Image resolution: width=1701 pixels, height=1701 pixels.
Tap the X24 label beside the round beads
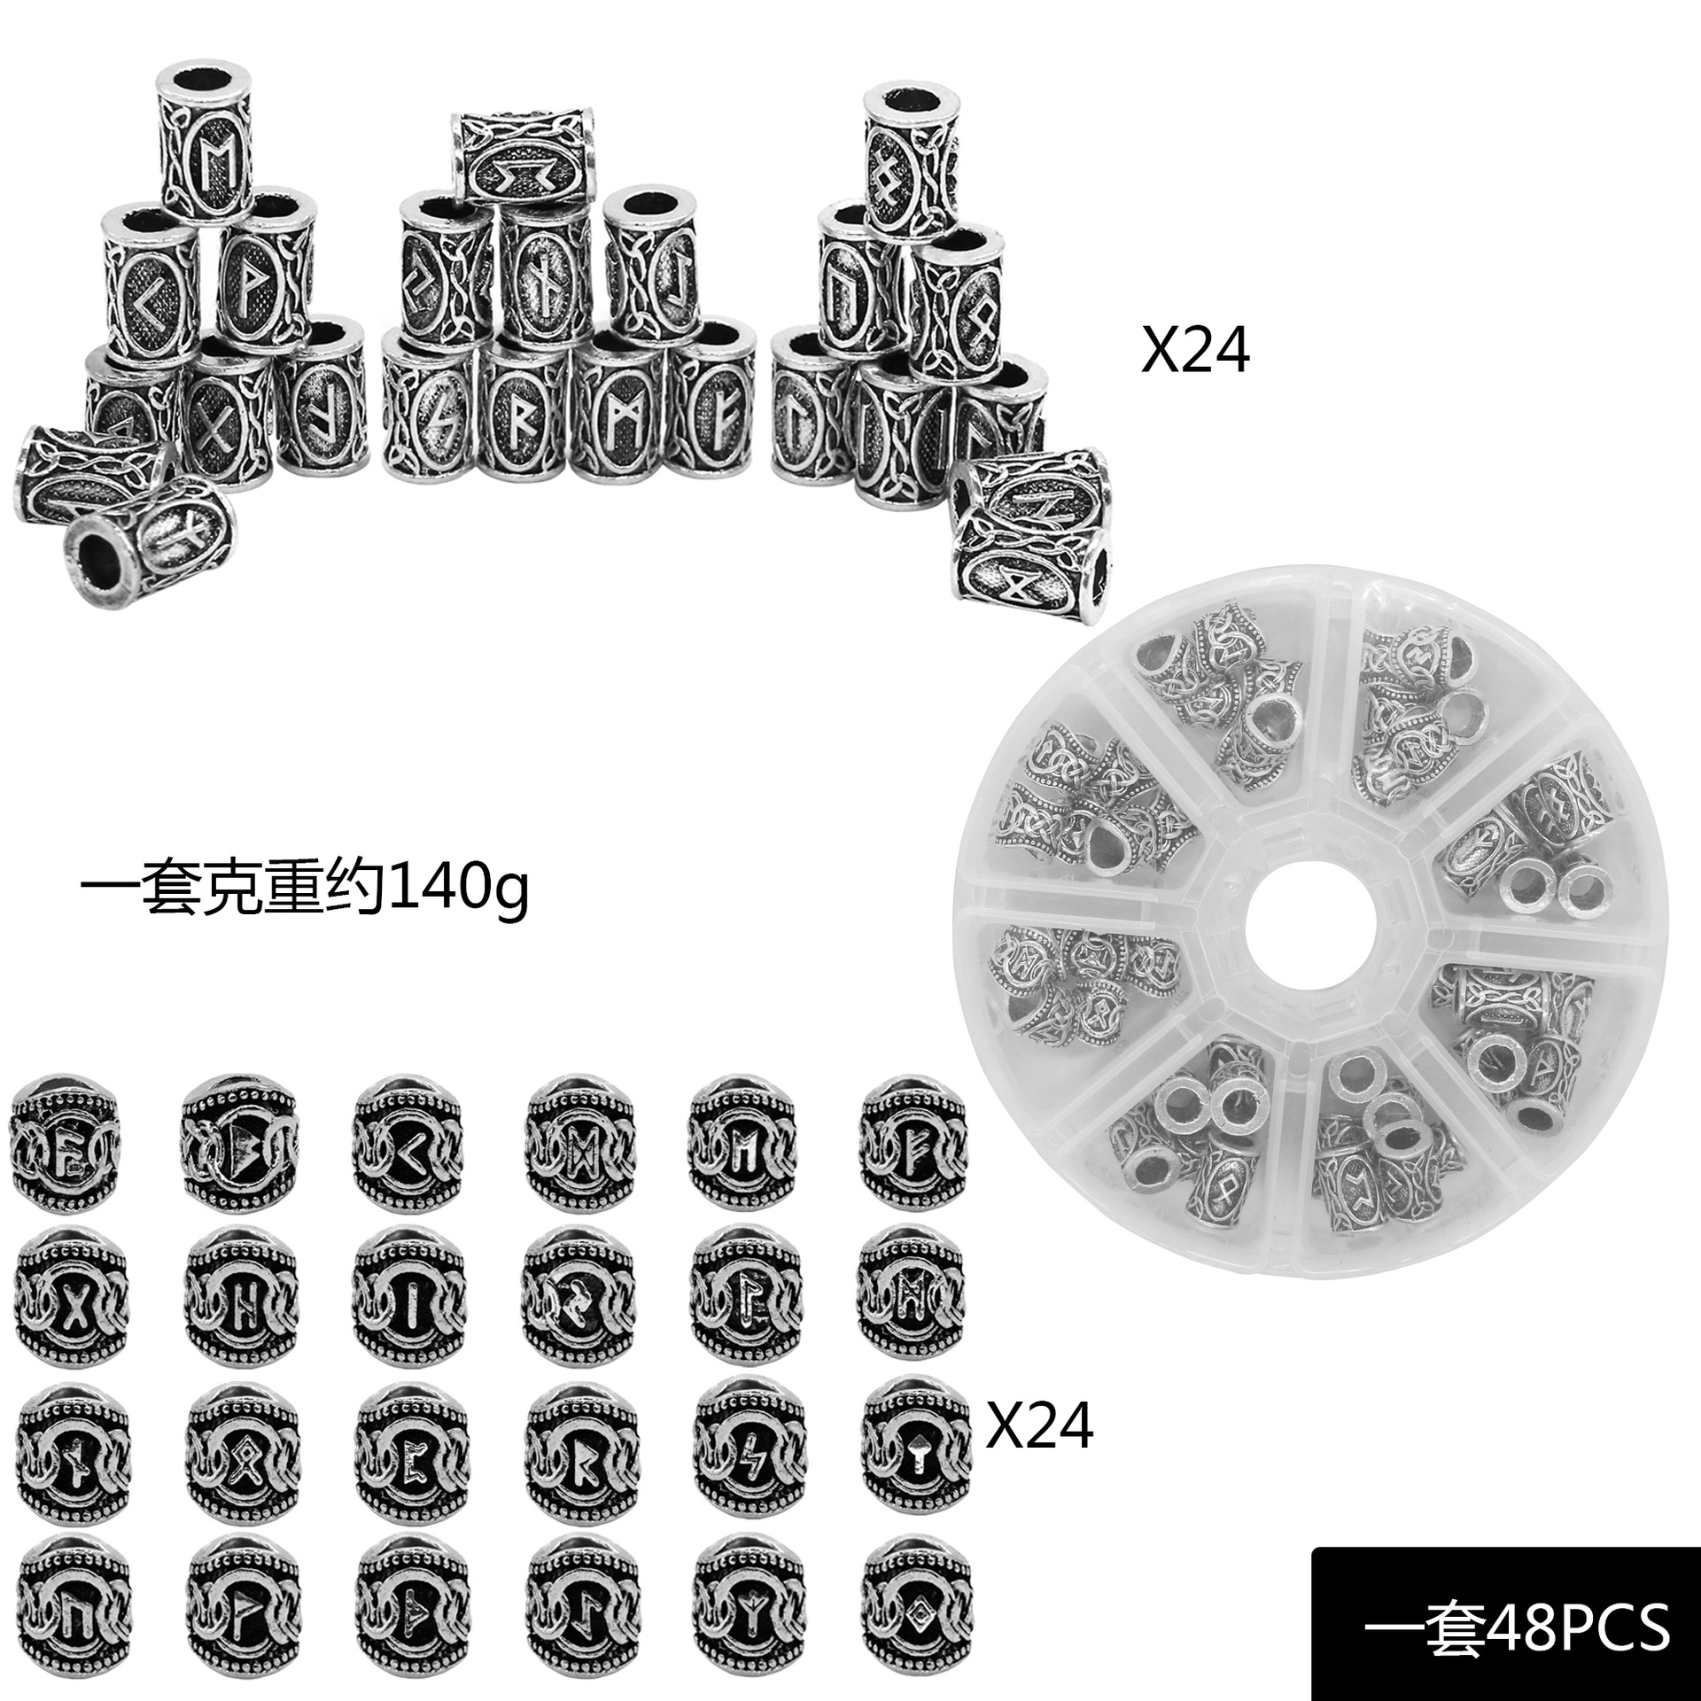[x=1039, y=1425]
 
